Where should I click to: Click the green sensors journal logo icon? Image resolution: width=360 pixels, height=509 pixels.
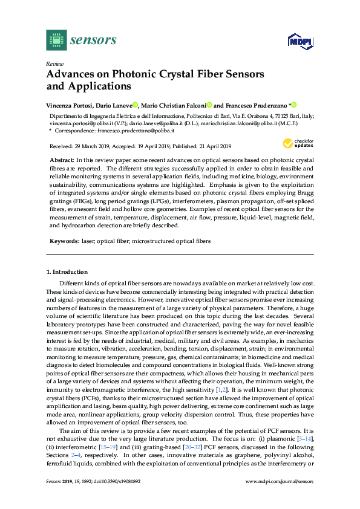point(56,40)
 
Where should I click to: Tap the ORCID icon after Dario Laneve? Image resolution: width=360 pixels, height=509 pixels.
point(136,104)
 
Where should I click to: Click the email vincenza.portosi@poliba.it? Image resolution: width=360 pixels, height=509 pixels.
point(79,123)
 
